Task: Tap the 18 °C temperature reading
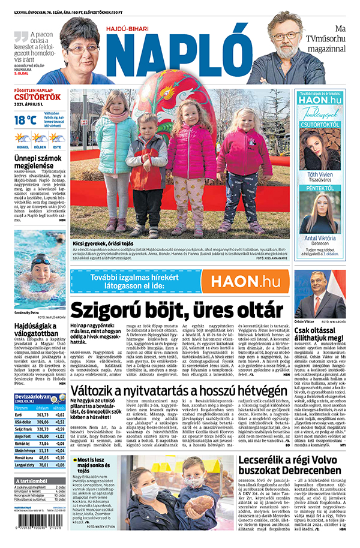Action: pyautogui.click(x=25, y=119)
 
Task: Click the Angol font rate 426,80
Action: pyautogui.click(x=44, y=437)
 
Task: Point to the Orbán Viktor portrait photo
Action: pyautogui.click(x=319, y=294)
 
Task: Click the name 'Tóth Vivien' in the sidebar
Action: pyautogui.click(x=320, y=174)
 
